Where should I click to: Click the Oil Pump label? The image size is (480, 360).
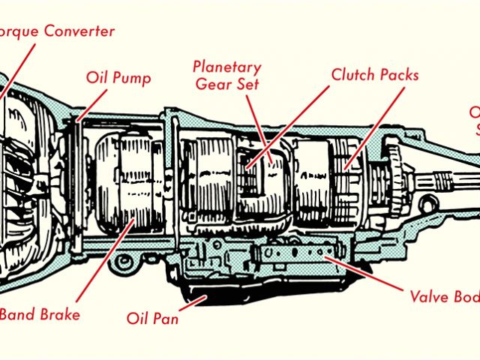[x=118, y=79]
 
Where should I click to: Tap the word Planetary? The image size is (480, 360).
[x=226, y=65]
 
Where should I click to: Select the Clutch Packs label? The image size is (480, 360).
[x=375, y=75]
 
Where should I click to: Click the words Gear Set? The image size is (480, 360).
[x=227, y=83]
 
